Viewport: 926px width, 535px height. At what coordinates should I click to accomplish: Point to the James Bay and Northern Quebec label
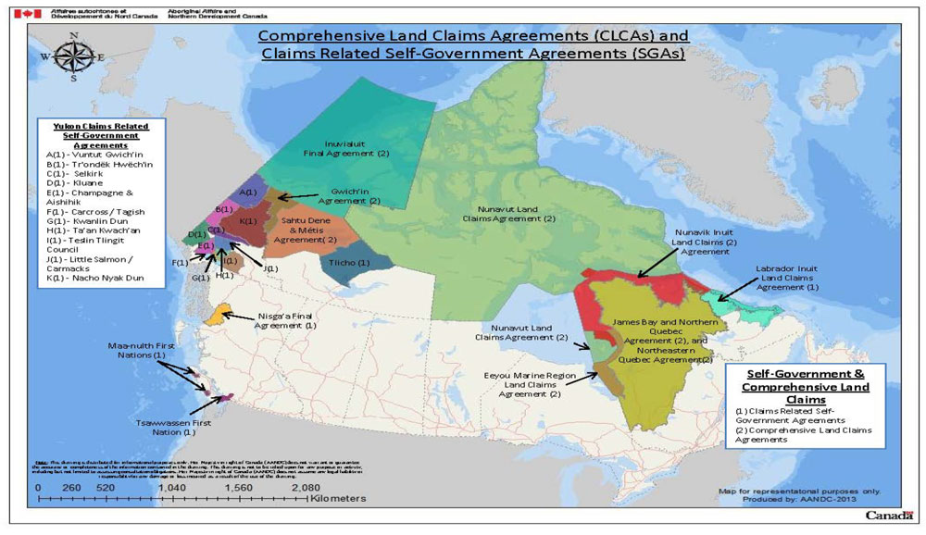coord(660,339)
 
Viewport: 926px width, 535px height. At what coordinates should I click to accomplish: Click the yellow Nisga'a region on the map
coord(222,316)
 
